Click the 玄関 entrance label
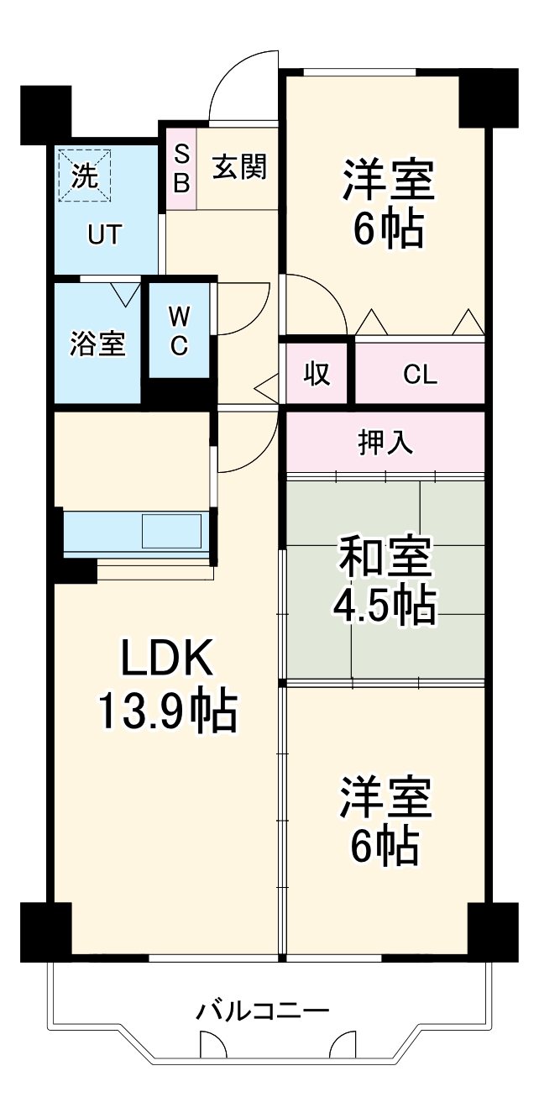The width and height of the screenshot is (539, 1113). click(x=238, y=167)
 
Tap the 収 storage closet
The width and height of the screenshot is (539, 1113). click(x=316, y=373)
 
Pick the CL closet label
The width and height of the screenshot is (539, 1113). click(x=420, y=374)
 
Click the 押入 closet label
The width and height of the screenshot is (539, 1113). click(x=385, y=442)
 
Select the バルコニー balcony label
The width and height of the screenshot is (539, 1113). click(x=263, y=1011)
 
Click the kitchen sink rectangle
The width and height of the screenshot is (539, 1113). click(x=171, y=530)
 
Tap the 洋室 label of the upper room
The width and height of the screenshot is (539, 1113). click(x=387, y=181)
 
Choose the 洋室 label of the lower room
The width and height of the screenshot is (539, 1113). click(x=385, y=798)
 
